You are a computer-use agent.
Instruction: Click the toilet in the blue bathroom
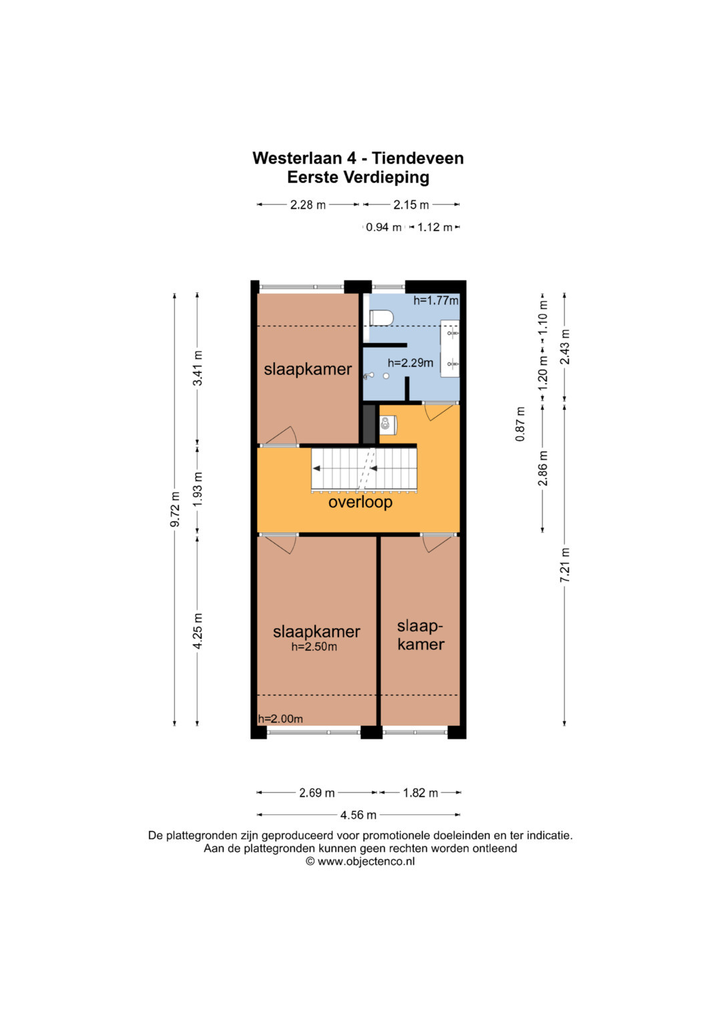tap(381, 318)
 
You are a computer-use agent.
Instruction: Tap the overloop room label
tap(360, 502)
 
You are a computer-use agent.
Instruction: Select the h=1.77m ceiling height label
tap(435, 300)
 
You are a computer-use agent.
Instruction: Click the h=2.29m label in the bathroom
tap(410, 362)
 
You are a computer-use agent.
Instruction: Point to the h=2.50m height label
tap(314, 647)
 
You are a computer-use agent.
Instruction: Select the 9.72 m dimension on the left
tap(175, 510)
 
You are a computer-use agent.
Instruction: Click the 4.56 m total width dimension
tap(358, 814)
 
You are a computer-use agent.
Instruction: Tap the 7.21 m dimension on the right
tap(565, 565)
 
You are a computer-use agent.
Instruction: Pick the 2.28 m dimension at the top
tap(308, 205)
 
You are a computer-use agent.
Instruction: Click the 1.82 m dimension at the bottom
tap(420, 793)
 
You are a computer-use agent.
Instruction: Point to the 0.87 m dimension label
tap(520, 424)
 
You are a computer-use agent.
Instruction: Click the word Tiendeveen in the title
tap(418, 158)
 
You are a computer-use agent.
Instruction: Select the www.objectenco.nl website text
tap(366, 861)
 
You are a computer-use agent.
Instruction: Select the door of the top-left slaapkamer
tap(282, 435)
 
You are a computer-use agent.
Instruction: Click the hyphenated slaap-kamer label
tap(421, 635)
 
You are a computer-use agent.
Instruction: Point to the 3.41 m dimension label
tap(198, 368)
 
